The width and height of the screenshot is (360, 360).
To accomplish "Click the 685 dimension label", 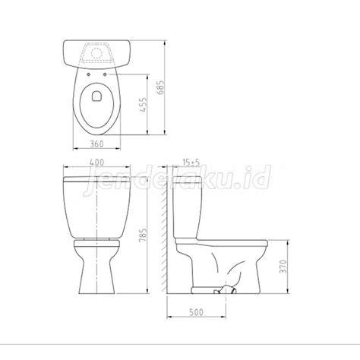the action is (x=161, y=87).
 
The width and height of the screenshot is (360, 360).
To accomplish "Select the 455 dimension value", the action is (x=144, y=105).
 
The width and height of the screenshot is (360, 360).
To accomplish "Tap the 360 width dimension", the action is (x=97, y=144).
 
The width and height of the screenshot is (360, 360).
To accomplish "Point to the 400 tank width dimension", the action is (x=96, y=163).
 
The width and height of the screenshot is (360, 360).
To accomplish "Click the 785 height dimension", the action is (x=143, y=235).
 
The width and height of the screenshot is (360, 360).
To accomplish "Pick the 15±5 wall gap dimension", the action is (x=191, y=163).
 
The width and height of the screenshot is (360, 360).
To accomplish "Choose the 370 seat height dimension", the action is (x=283, y=267).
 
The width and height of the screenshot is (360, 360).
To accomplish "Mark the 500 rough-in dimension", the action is (x=196, y=312).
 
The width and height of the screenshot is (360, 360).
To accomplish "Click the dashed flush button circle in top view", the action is (x=96, y=53).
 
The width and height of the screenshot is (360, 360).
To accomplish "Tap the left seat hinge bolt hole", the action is (x=89, y=74).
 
